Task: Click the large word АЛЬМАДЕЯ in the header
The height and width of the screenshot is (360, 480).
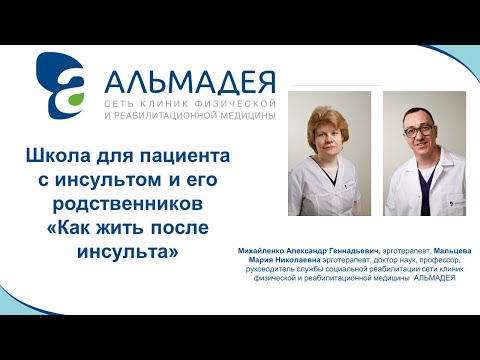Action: point(188,78)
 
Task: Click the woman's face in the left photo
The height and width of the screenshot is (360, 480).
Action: point(328,137)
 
